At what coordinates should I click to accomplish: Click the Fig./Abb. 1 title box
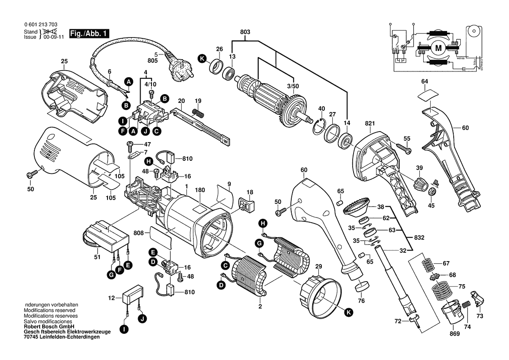click(90, 34)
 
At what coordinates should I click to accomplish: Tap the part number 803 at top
click(245, 31)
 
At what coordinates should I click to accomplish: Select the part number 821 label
click(370, 124)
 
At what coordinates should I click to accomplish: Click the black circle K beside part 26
click(202, 59)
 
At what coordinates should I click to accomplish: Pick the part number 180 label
click(200, 190)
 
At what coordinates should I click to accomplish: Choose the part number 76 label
click(361, 300)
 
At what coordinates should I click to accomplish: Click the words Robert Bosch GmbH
click(49, 326)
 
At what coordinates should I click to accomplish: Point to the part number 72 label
click(398, 322)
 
